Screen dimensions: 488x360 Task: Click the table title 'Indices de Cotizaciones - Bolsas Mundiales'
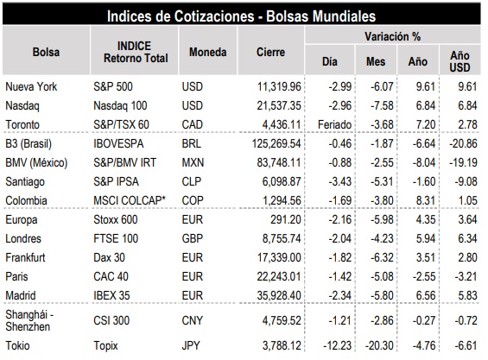(x=241, y=16)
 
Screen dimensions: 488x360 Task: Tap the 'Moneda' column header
(x=207, y=52)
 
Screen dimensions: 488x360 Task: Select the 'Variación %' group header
(x=392, y=36)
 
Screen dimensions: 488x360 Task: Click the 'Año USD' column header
(x=459, y=61)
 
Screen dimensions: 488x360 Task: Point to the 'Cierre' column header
(x=270, y=52)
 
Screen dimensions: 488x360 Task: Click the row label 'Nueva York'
(x=31, y=86)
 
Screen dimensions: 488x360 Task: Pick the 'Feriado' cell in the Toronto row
(x=334, y=125)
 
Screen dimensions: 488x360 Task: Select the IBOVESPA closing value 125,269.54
(x=276, y=144)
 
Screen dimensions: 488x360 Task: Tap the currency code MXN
(x=193, y=162)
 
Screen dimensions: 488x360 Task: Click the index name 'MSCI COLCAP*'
(x=130, y=200)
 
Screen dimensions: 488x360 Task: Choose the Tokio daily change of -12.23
(x=337, y=345)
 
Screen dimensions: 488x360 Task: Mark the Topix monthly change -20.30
(x=379, y=345)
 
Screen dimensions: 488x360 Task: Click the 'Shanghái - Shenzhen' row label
(x=29, y=320)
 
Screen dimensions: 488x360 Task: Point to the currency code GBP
(x=192, y=238)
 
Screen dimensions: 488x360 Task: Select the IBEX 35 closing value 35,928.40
(x=279, y=295)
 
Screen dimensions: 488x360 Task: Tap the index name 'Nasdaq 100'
(x=120, y=106)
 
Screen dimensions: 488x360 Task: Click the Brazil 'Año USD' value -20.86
(x=463, y=144)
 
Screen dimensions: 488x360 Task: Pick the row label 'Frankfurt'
(x=25, y=257)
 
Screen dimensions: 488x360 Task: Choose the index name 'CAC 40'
(x=111, y=276)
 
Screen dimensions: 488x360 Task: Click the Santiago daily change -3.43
(x=339, y=181)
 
